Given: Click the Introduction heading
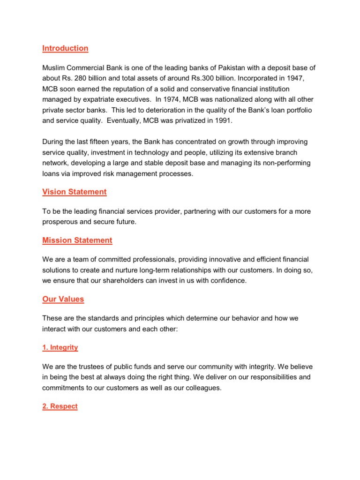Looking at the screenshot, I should point(65,48).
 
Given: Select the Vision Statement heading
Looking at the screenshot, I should point(74,192).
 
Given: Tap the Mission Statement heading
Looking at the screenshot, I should point(77,240).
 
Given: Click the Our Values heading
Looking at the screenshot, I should point(63,299).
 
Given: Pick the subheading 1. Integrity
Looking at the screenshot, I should point(60,348).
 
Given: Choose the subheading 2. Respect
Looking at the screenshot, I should point(60,406).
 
